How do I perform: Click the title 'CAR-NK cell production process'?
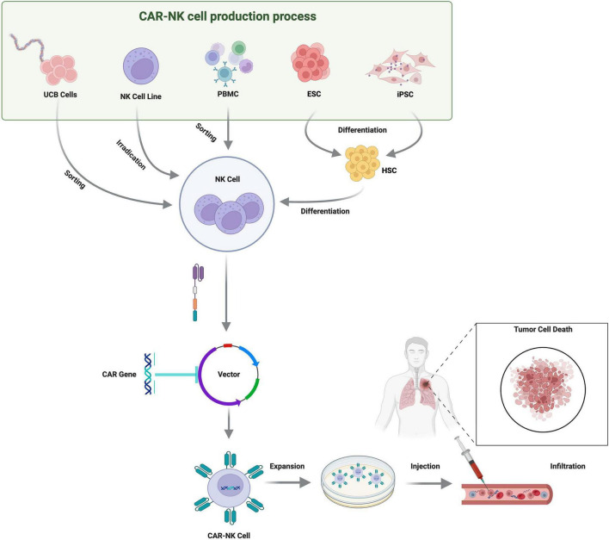click(228, 16)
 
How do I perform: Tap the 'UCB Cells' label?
click(60, 95)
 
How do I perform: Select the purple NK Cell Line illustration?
click(141, 65)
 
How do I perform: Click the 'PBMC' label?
click(228, 94)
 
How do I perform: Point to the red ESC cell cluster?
click(311, 62)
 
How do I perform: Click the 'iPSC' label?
click(405, 94)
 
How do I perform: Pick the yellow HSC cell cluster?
click(362, 164)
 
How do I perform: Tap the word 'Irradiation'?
click(131, 155)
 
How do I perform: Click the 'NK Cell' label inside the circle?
click(227, 179)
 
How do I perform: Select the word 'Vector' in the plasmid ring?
click(229, 375)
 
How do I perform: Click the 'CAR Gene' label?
click(120, 375)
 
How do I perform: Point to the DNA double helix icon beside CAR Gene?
click(148, 374)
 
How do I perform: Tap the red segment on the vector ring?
click(228, 345)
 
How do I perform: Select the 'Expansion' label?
click(287, 466)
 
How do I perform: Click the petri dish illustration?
click(358, 482)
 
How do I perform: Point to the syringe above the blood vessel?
click(471, 460)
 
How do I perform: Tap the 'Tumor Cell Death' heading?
click(543, 329)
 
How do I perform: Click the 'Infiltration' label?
click(568, 466)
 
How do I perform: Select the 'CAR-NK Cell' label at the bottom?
click(229, 536)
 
